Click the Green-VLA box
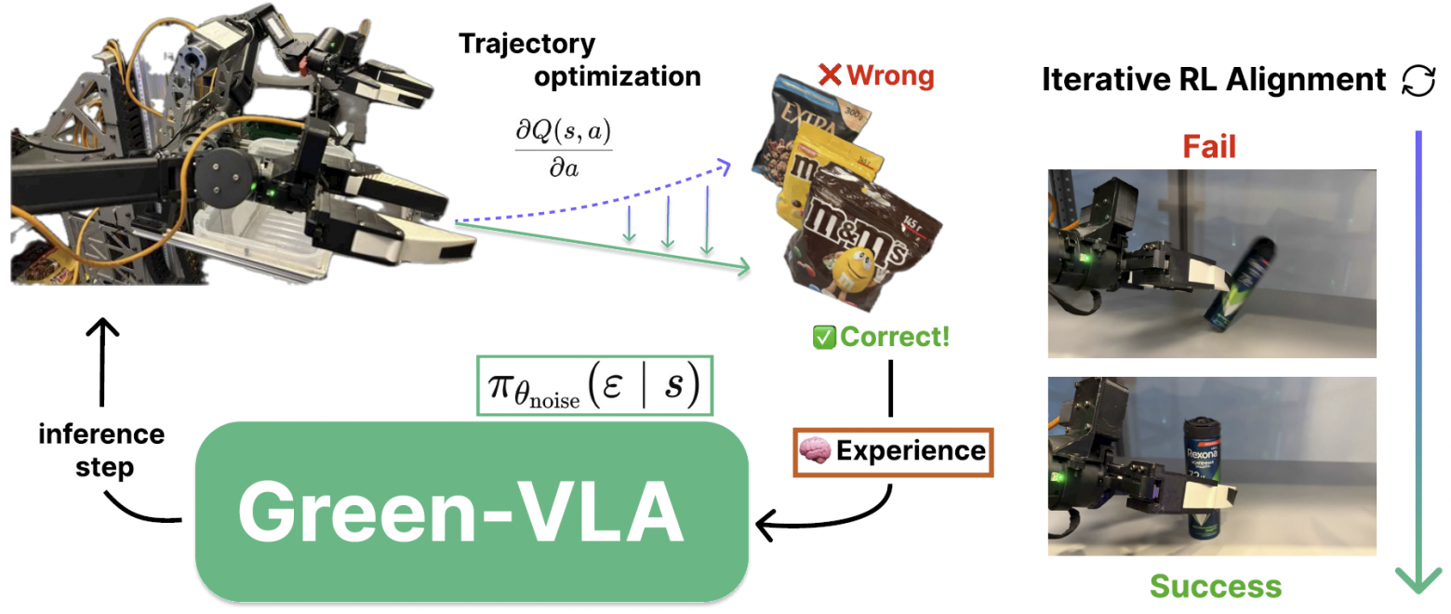coord(472,512)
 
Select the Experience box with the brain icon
coord(893,451)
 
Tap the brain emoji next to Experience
coord(816,451)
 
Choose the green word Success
coord(1215,586)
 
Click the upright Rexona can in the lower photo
coord(1204,474)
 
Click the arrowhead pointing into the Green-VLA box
coord(765,528)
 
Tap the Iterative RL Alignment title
coord(1214,80)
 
